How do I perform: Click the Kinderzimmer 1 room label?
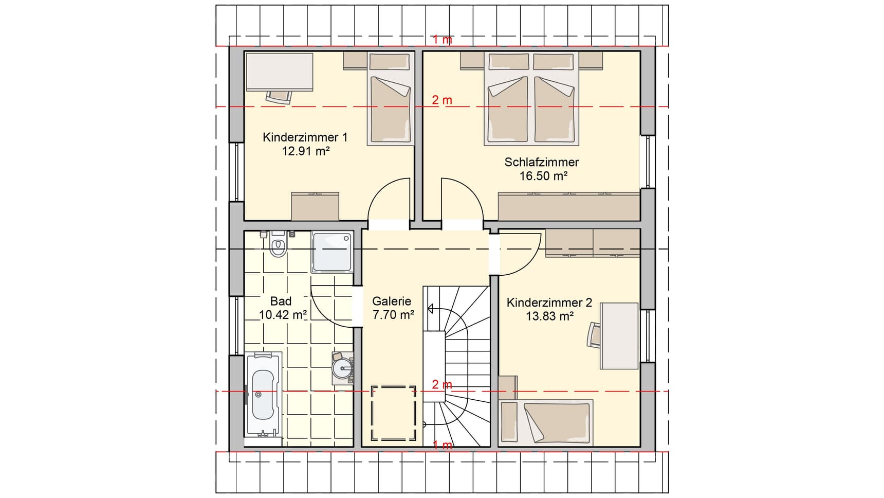click(x=305, y=137)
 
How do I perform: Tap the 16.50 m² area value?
click(x=543, y=176)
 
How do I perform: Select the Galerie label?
click(x=392, y=301)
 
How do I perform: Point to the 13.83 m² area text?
click(x=549, y=316)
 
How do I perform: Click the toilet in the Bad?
click(x=278, y=246)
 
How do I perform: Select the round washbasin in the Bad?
click(x=342, y=368)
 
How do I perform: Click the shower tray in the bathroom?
click(x=332, y=252)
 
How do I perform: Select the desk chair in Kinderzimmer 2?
click(x=594, y=334)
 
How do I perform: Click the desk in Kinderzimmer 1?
click(x=279, y=72)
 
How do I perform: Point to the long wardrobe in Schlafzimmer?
click(x=569, y=206)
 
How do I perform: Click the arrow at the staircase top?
click(x=430, y=309)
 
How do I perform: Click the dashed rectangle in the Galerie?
click(x=394, y=413)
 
